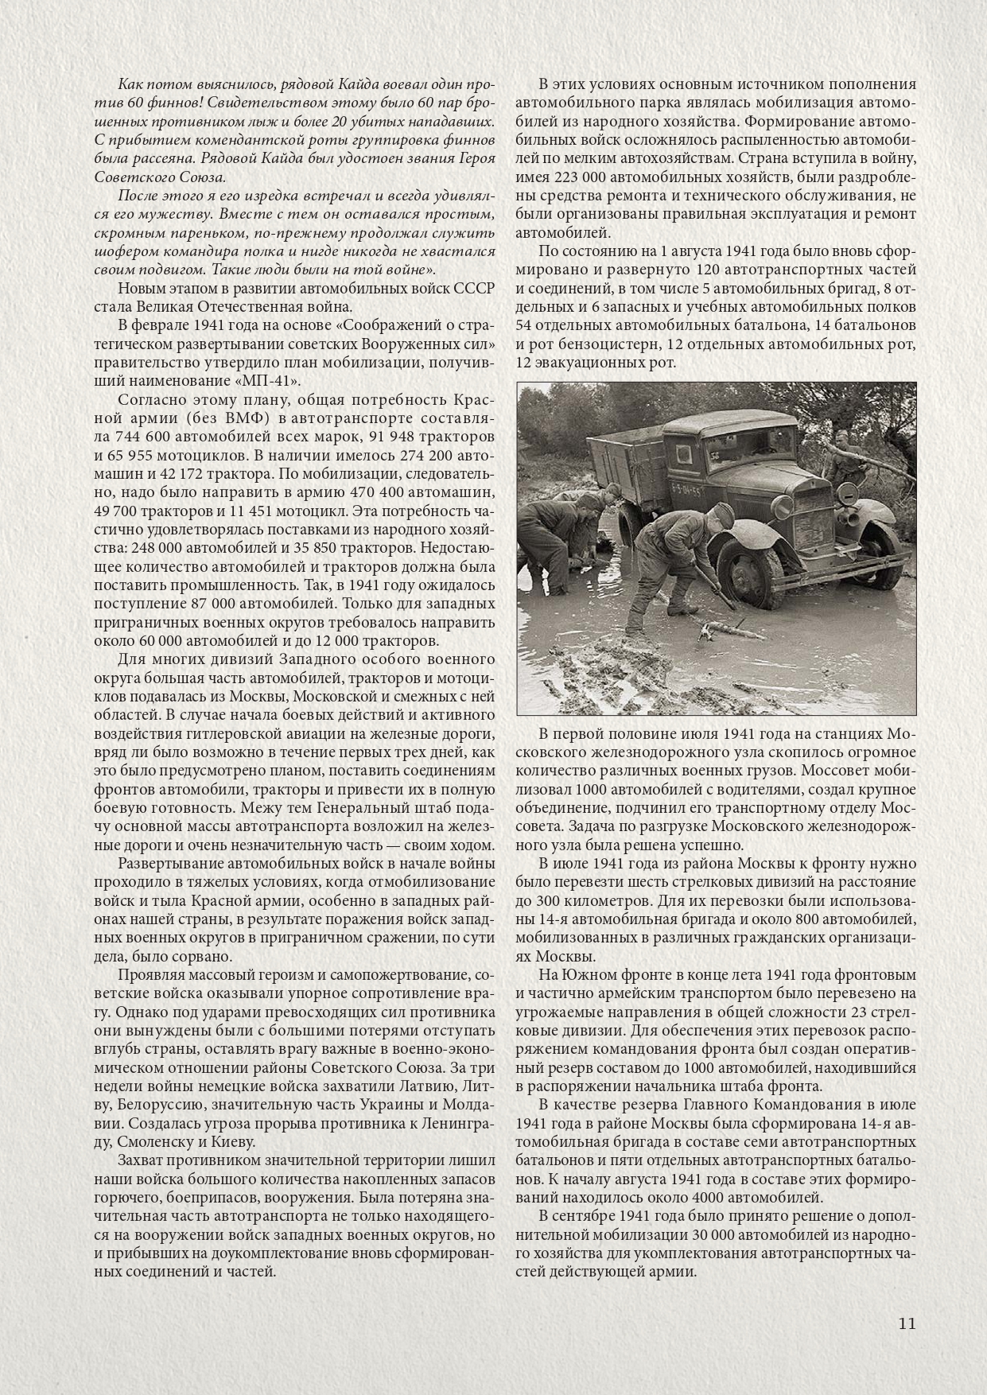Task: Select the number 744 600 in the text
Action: tap(149, 437)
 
